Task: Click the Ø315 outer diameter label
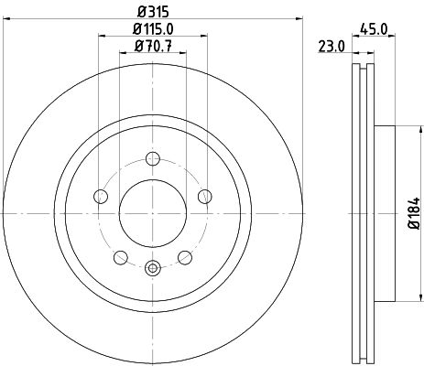tap(153, 11)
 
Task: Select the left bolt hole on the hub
tap(101, 195)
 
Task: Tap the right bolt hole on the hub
tap(205, 195)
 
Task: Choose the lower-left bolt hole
tap(120, 256)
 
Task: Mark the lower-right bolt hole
tap(185, 256)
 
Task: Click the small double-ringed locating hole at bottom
tap(153, 268)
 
